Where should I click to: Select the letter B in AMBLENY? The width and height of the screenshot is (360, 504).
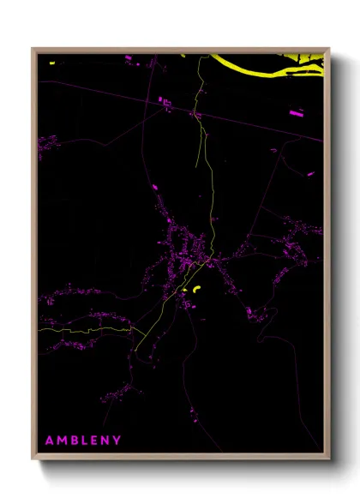coord(79,441)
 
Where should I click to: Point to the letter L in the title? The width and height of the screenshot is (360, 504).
coord(92,441)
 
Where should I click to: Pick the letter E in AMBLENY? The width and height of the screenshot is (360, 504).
coord(104,441)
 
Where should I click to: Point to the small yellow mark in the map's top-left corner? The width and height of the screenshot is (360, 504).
coord(51,63)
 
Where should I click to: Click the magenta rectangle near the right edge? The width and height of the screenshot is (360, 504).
coord(296,112)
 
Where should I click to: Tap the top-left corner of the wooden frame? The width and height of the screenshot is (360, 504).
coord(33,49)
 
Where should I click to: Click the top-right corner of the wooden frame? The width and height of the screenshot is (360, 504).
coord(330,49)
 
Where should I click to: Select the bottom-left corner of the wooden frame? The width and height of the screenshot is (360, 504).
coord(33,461)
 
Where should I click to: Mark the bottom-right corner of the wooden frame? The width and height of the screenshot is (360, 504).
coord(330,461)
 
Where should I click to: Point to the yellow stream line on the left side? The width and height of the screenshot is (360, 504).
coord(86,327)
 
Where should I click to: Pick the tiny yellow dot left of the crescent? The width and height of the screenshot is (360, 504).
coord(184,291)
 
